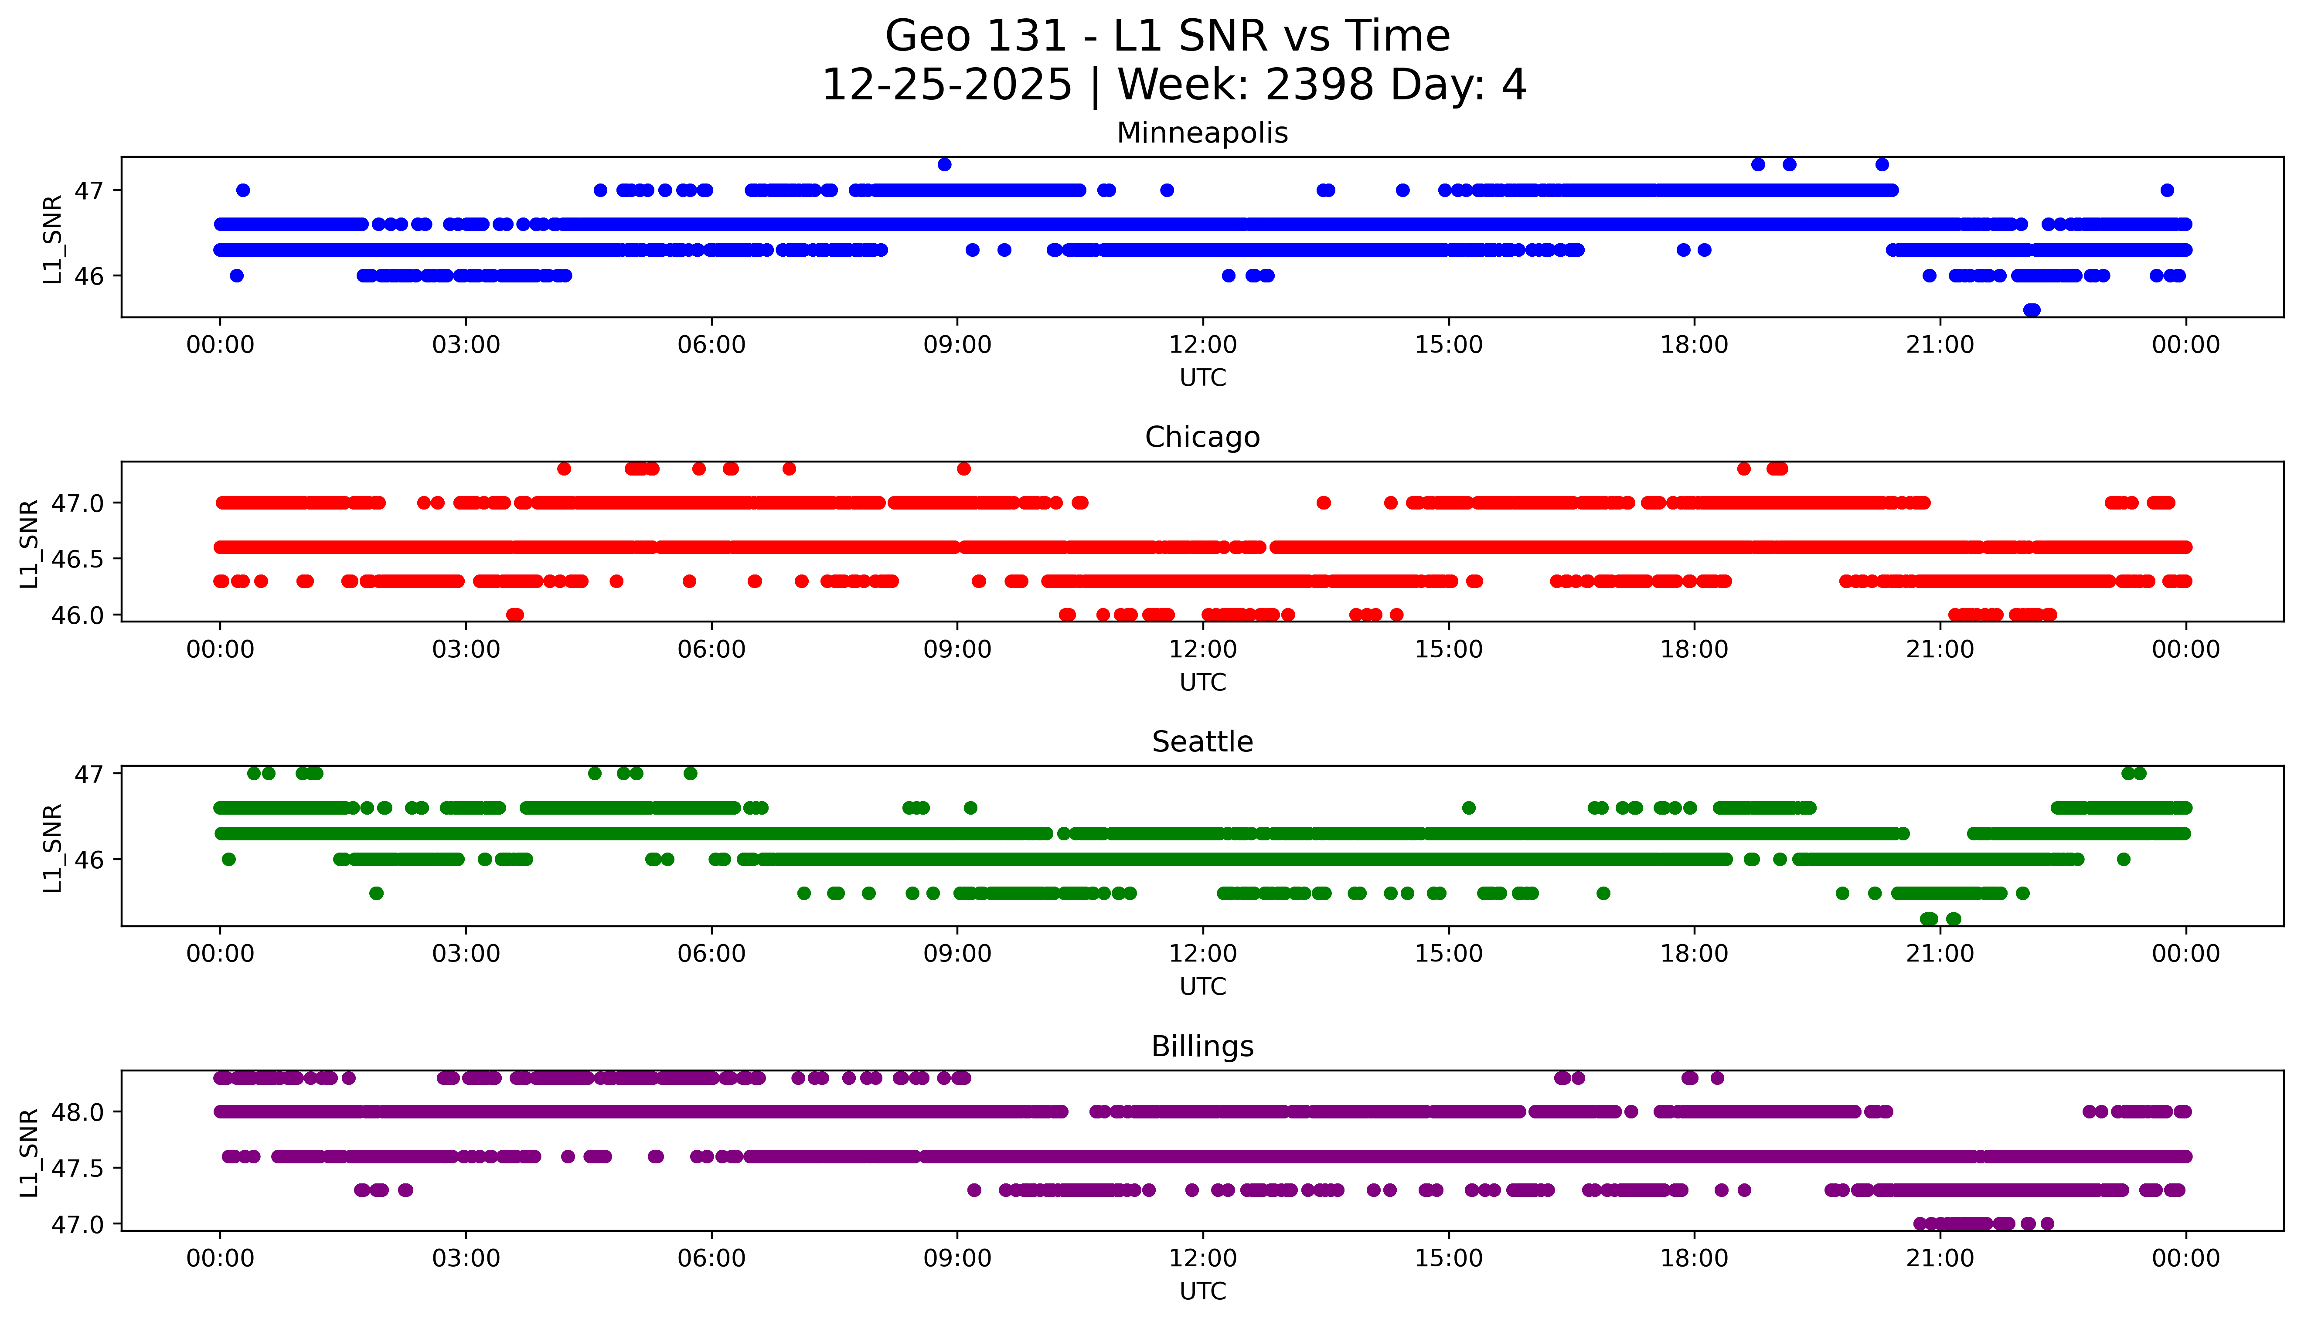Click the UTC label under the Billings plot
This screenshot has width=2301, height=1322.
[x=1202, y=1291]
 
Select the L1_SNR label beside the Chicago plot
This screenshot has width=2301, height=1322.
[x=29, y=543]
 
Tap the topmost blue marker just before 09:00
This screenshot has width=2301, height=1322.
[x=944, y=164]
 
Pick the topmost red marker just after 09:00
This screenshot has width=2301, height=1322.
[x=963, y=469]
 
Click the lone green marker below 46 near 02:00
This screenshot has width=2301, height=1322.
[x=376, y=894]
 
